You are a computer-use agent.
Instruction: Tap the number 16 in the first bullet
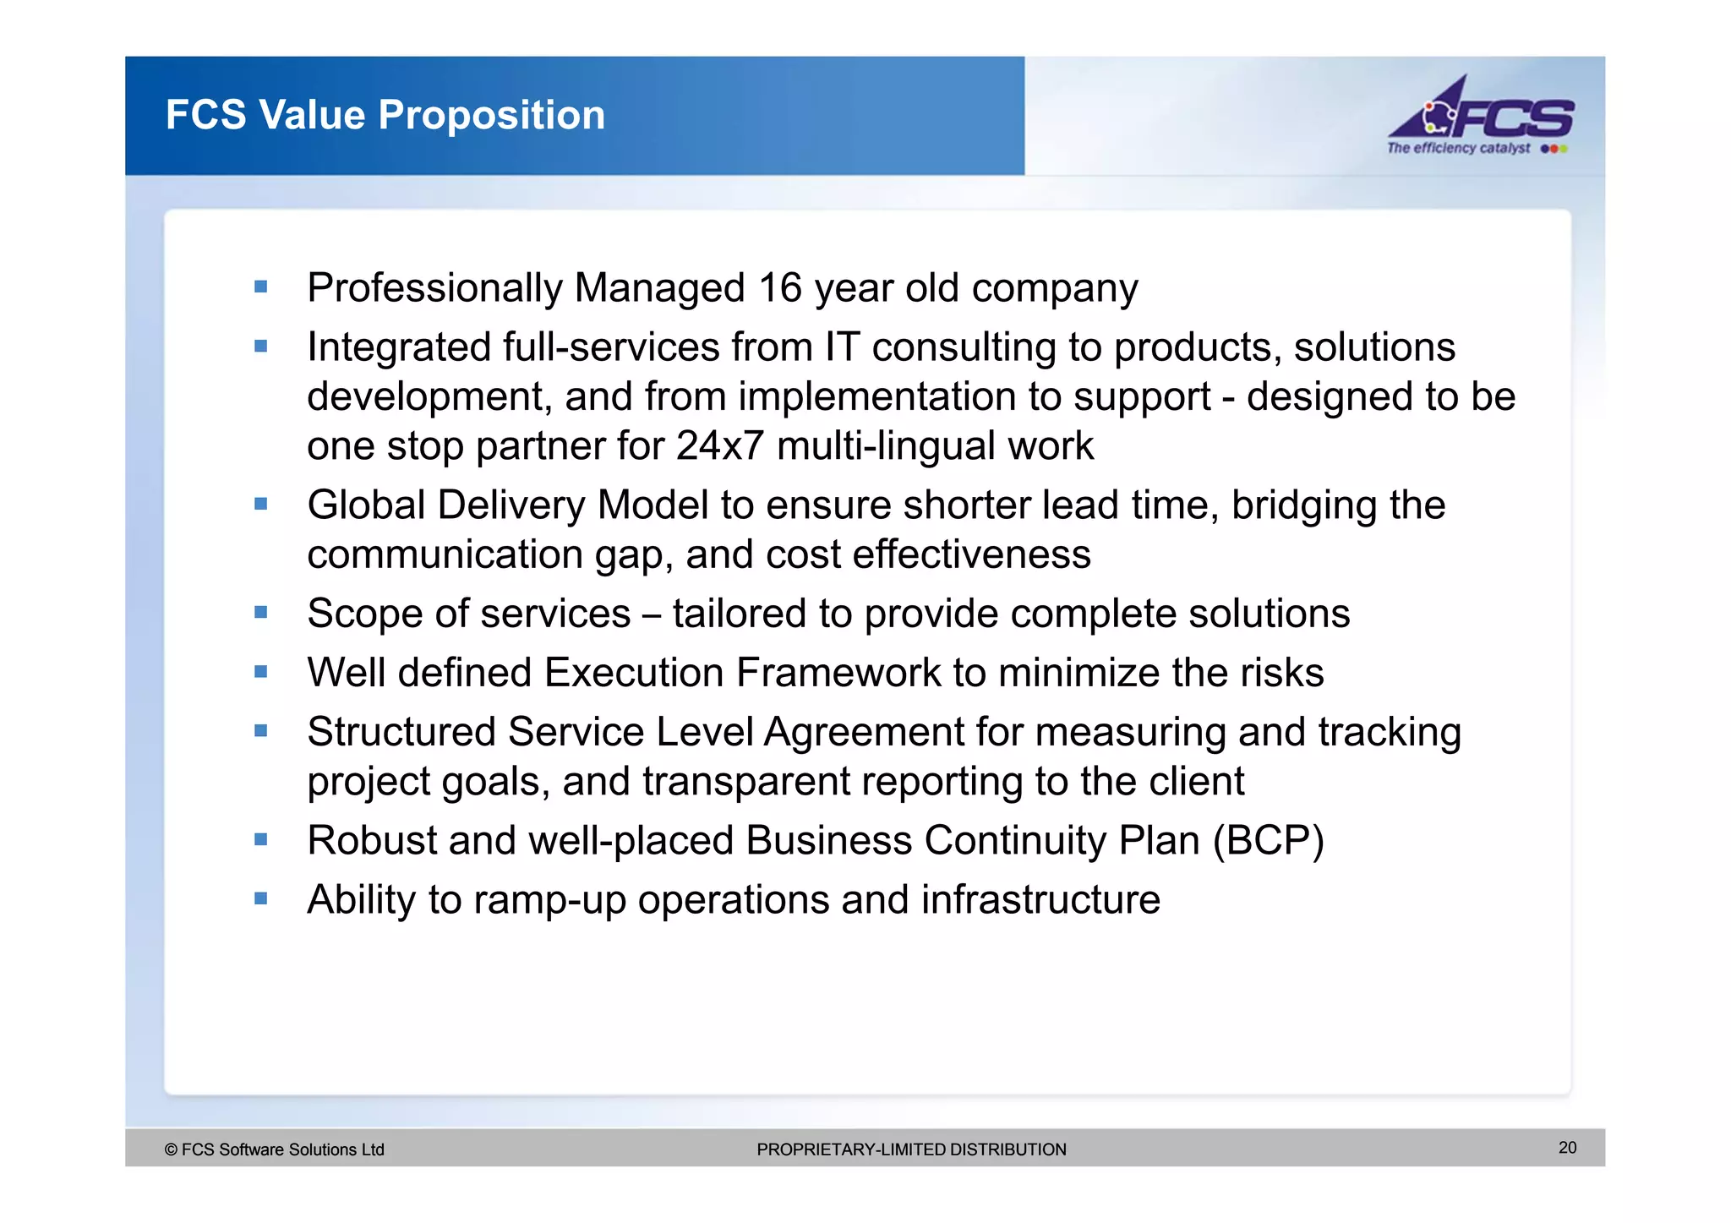click(779, 288)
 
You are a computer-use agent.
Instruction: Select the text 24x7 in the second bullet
click(720, 445)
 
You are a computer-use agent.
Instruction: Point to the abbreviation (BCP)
click(1268, 841)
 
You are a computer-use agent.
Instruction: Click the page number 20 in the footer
click(1567, 1148)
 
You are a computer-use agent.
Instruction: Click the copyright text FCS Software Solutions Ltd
click(275, 1149)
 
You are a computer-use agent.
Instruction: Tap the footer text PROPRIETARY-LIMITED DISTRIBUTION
click(911, 1149)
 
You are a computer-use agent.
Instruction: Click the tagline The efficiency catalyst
click(1458, 149)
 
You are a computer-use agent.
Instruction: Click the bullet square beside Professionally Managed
click(261, 287)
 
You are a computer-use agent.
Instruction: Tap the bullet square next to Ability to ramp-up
click(261, 898)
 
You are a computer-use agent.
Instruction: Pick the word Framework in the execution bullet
click(838, 673)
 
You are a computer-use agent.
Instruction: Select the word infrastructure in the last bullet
click(1040, 899)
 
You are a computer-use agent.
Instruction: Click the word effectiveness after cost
click(971, 555)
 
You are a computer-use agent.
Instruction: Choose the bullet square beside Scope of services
click(261, 613)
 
